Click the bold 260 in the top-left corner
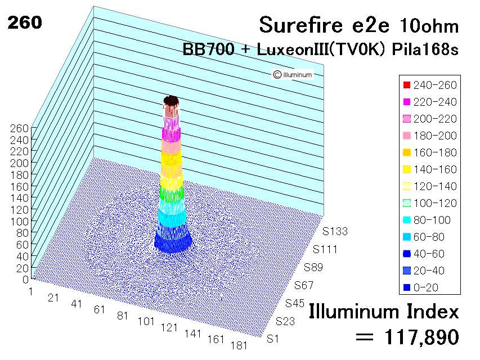[25, 22]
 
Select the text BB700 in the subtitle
[208, 49]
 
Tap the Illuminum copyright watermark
[293, 74]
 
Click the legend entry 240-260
[430, 85]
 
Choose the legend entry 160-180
[430, 152]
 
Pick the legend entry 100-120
[430, 203]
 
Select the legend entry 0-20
[421, 287]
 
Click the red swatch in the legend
[407, 85]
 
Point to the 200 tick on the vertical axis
[20, 163]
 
